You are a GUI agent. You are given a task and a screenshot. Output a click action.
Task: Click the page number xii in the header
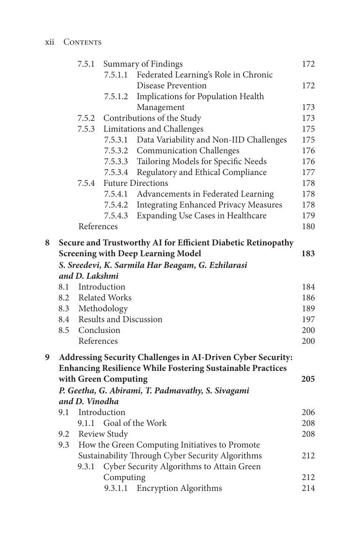pyautogui.click(x=49, y=42)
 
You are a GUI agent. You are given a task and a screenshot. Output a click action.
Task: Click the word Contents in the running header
pyautogui.click(x=82, y=42)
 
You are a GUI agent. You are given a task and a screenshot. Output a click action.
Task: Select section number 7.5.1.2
pyautogui.click(x=116, y=97)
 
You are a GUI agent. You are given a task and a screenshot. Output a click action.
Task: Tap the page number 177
pyautogui.click(x=308, y=172)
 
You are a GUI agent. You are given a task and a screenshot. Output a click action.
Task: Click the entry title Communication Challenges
pyautogui.click(x=188, y=151)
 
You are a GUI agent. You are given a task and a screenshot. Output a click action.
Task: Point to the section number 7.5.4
pyautogui.click(x=86, y=183)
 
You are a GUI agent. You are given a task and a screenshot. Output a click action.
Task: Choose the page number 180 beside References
pyautogui.click(x=308, y=227)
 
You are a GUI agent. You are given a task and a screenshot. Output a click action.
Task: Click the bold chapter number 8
pyautogui.click(x=47, y=243)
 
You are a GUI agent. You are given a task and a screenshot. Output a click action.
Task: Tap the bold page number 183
pyautogui.click(x=308, y=254)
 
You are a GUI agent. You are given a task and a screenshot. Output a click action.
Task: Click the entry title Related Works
pyautogui.click(x=105, y=298)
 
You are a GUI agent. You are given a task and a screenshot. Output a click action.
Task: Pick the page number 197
pyautogui.click(x=308, y=320)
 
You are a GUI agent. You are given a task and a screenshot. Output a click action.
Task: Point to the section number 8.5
pyautogui.click(x=64, y=330)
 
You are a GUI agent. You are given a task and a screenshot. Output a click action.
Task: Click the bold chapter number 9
pyautogui.click(x=47, y=357)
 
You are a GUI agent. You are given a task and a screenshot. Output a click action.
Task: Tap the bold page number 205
pyautogui.click(x=308, y=379)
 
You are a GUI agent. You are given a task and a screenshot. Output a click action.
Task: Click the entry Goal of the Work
pyautogui.click(x=135, y=423)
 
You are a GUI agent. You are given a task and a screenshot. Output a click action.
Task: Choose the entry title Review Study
pyautogui.click(x=103, y=434)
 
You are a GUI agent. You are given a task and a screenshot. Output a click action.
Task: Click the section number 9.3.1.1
pyautogui.click(x=116, y=488)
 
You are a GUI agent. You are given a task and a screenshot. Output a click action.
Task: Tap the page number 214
pyautogui.click(x=308, y=488)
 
